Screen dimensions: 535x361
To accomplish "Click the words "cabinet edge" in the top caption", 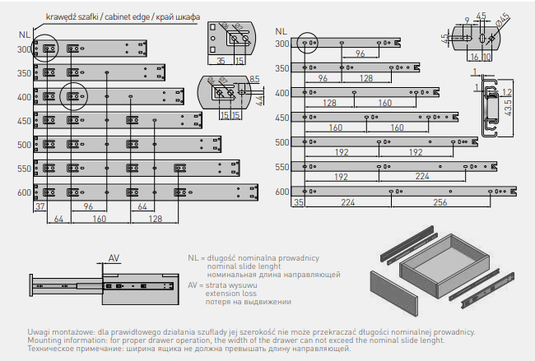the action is (127, 17).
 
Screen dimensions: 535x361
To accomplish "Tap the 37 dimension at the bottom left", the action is (40, 206).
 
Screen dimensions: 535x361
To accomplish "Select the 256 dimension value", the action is (440, 202).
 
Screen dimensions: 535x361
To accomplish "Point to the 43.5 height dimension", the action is (508, 107).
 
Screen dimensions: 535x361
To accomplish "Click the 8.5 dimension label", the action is (254, 79).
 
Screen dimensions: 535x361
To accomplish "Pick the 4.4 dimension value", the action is (259, 100).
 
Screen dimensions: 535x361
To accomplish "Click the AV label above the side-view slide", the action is (114, 258).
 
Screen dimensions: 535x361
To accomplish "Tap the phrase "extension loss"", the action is (231, 294).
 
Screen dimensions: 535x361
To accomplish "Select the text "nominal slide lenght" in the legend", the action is (244, 266).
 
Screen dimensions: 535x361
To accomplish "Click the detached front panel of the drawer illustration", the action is (394, 293).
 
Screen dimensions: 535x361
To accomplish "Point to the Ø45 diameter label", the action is (502, 20).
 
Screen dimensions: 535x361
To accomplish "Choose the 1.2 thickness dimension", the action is (507, 92).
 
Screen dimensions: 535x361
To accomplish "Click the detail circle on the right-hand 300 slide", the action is (307, 43).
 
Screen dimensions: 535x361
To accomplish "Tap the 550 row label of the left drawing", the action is (24, 169).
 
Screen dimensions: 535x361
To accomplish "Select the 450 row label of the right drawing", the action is (282, 118).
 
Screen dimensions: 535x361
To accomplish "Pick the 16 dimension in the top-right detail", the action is (474, 57).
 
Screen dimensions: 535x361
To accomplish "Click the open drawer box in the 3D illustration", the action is (444, 266).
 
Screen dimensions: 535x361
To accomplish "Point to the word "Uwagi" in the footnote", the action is (37, 332).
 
